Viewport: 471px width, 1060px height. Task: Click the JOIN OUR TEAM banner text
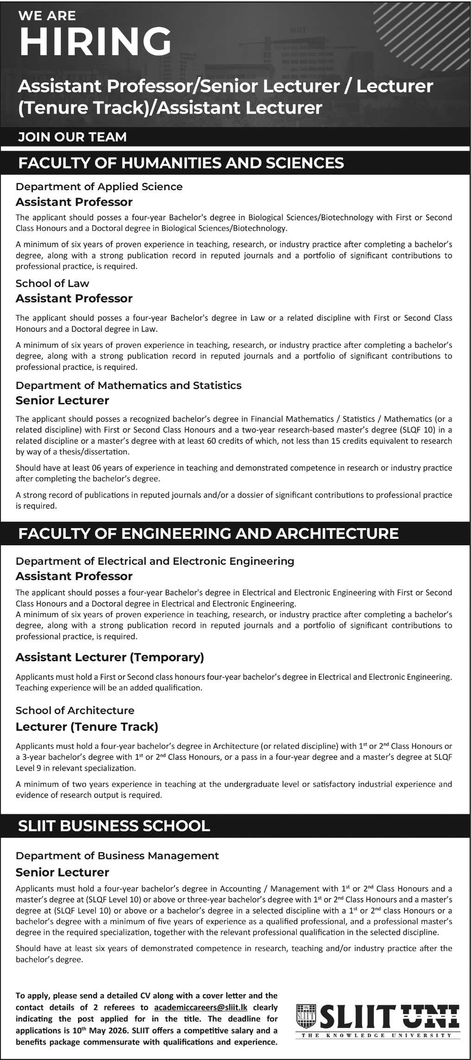(72, 137)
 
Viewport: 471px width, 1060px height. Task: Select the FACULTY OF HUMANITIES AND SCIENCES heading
(181, 163)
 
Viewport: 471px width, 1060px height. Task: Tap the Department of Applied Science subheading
(99, 186)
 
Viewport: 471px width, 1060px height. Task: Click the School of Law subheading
(52, 283)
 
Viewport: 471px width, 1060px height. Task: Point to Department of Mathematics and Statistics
(128, 385)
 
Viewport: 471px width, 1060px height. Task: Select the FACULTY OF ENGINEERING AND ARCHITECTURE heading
(208, 533)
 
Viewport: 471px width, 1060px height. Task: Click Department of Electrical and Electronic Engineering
(155, 561)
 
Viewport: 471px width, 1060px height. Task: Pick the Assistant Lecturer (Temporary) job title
(110, 657)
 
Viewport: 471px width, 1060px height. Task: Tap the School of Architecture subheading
(75, 710)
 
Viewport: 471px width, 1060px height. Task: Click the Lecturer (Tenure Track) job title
(87, 727)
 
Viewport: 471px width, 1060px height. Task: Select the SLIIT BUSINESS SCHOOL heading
(114, 825)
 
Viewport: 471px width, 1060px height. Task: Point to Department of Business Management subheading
(117, 856)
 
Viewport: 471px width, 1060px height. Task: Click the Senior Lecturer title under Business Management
(62, 872)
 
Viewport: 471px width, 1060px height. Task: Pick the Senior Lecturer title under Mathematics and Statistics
(62, 400)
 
